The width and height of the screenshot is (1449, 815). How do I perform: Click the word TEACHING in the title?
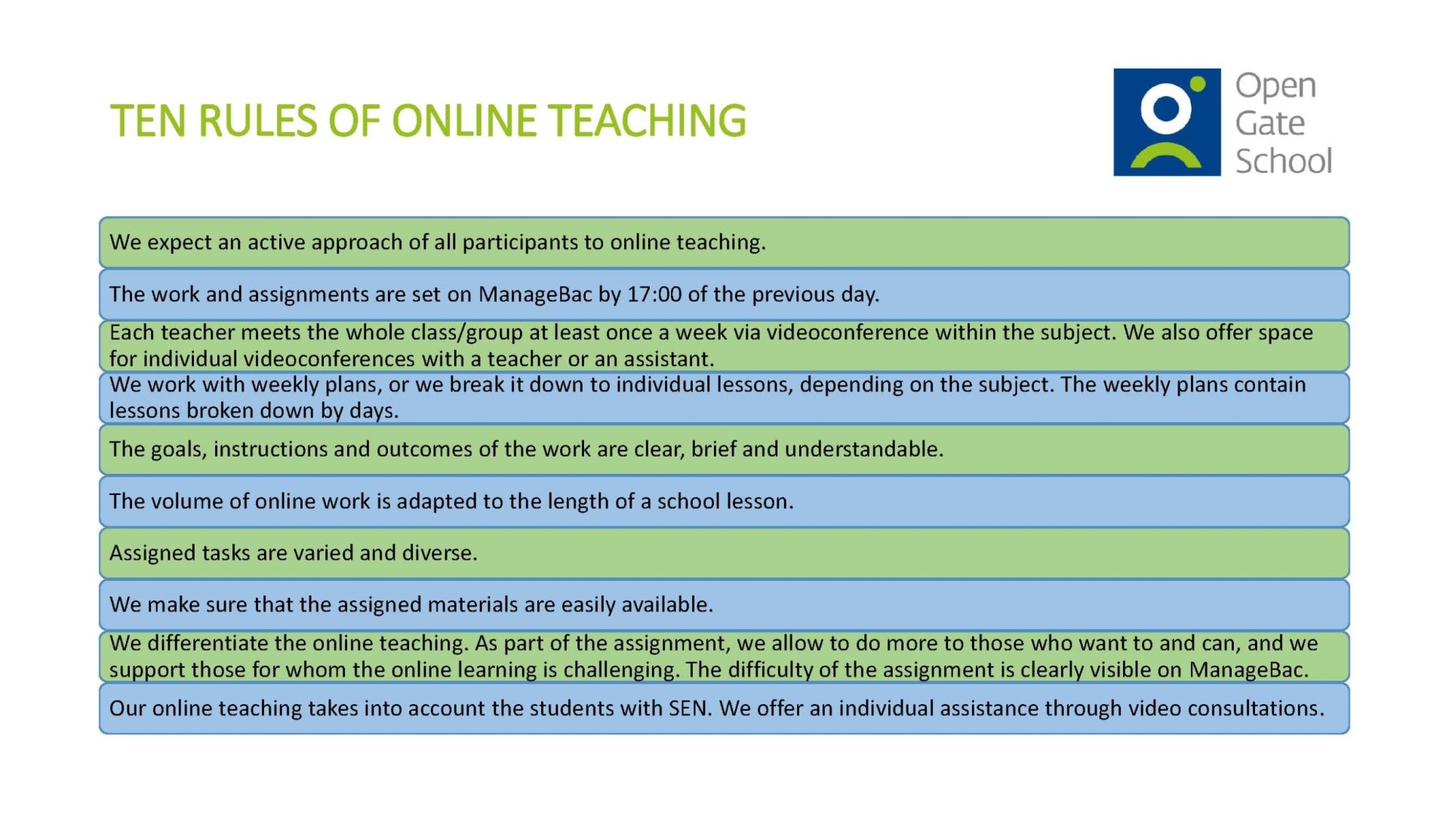click(647, 121)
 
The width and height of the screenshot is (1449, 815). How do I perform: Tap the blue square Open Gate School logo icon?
click(1167, 122)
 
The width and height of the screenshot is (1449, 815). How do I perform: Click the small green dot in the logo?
click(1198, 84)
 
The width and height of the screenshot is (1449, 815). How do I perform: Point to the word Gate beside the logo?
click(1270, 123)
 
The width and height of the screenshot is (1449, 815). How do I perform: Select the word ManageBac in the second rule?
click(535, 294)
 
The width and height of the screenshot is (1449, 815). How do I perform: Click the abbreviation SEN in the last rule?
click(689, 709)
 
